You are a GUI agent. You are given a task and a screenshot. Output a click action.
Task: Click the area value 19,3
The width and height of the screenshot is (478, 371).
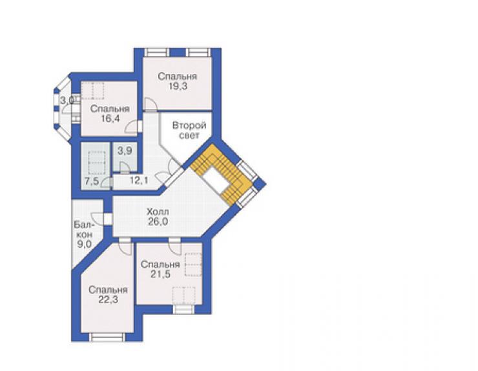pyautogui.click(x=178, y=86)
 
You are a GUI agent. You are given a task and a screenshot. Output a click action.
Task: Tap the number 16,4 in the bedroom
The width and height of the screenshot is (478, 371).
pyautogui.click(x=110, y=119)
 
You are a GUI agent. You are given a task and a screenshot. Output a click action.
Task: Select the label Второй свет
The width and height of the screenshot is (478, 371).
pyautogui.click(x=189, y=130)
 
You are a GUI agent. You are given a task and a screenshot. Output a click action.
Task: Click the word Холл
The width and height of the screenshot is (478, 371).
pyautogui.click(x=158, y=212)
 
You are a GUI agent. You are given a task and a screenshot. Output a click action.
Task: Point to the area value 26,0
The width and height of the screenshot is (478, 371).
pyautogui.click(x=158, y=221)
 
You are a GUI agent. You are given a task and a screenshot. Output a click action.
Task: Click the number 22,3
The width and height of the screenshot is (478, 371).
pyautogui.click(x=109, y=300)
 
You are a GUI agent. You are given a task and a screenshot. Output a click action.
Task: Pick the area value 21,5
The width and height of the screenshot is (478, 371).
pyautogui.click(x=160, y=274)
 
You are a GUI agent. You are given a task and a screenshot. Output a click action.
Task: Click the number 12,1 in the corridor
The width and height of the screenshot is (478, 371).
pyautogui.click(x=139, y=181)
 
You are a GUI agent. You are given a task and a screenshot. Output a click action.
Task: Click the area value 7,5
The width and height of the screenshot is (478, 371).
pyautogui.click(x=92, y=181)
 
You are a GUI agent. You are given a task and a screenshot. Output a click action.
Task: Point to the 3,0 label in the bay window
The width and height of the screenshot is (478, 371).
pyautogui.click(x=66, y=100)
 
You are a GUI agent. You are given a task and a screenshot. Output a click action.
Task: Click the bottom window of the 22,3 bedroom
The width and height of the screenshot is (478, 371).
pyautogui.click(x=107, y=337)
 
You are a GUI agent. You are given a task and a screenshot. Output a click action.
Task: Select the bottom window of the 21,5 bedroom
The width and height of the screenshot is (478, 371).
pyautogui.click(x=184, y=309)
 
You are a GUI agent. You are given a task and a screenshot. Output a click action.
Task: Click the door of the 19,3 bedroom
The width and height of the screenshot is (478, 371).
pyautogui.click(x=151, y=104)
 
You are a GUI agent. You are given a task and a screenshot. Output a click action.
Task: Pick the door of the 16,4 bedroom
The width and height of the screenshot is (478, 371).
pyautogui.click(x=132, y=126)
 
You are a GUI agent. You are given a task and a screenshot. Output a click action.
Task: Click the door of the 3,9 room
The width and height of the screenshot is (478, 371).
pyautogui.click(x=124, y=168)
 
